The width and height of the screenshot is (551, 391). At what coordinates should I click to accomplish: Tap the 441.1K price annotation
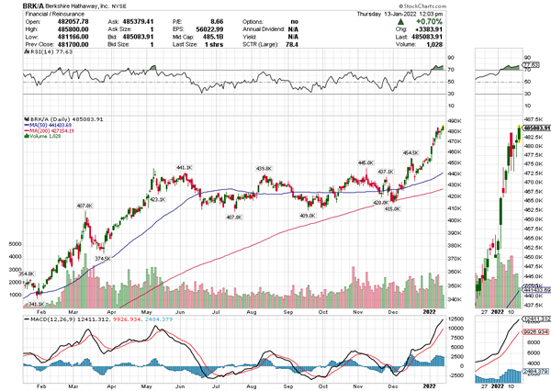pos(185,167)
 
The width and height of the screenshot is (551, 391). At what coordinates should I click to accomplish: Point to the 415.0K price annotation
pos(392,209)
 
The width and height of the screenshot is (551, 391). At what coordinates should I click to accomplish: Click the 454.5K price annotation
pos(410,152)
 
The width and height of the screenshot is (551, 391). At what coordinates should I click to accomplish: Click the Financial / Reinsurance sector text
pos(34,14)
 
